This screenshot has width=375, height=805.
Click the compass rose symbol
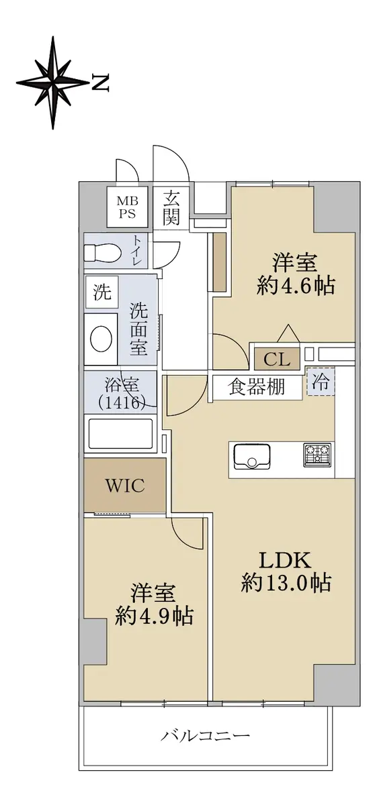point(52,83)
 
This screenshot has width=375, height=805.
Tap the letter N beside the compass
point(100,83)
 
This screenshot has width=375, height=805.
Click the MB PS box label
point(128,207)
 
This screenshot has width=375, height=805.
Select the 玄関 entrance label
point(171,208)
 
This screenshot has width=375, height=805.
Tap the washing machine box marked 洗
point(102,292)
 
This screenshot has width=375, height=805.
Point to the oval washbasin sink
point(101,339)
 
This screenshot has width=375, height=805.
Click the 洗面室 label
point(138,329)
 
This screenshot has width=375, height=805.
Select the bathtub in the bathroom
point(120,433)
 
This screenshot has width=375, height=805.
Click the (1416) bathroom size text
point(121,402)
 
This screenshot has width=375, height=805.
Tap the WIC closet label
point(125,486)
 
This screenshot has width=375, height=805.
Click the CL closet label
point(277,359)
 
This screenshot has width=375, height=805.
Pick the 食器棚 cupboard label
point(257,387)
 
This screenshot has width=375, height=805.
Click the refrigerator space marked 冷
point(321,381)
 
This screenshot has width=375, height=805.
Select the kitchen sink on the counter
point(252,456)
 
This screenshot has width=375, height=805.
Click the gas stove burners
point(317,455)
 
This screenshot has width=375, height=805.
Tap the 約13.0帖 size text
point(286,582)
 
